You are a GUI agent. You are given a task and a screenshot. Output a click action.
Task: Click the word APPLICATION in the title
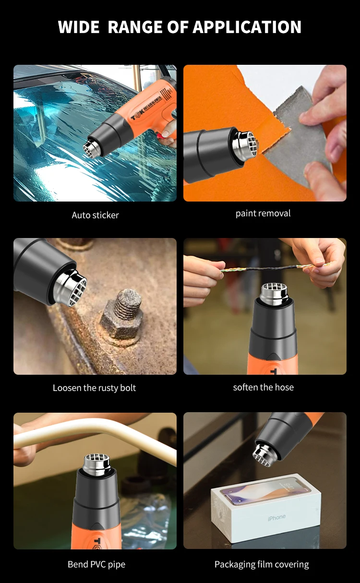click(x=247, y=27)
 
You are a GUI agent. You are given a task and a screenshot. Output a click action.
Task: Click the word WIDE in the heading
click(x=79, y=27)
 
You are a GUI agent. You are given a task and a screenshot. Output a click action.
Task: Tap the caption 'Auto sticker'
click(x=95, y=215)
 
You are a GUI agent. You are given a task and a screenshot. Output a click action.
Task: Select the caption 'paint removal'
click(x=263, y=213)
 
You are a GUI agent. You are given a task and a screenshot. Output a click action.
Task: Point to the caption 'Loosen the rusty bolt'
click(x=94, y=388)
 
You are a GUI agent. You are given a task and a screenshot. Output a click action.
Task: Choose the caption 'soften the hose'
click(x=263, y=387)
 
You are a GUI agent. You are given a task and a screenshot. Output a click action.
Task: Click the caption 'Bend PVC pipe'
click(x=96, y=564)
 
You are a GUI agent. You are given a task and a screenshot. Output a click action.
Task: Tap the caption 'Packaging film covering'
click(x=262, y=564)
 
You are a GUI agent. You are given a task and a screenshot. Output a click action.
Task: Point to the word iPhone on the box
click(x=276, y=517)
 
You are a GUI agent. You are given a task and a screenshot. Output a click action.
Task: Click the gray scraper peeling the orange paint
click(x=300, y=134)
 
